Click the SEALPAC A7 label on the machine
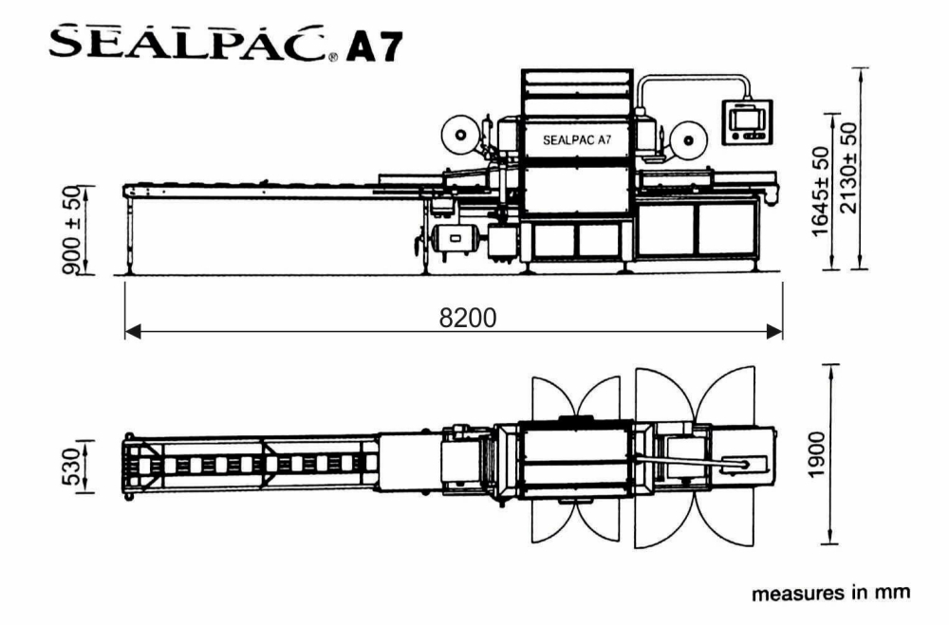[577, 140]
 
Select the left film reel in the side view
[461, 136]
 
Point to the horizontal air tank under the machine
[452, 234]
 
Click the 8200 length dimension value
[467, 318]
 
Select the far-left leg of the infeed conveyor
[128, 231]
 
